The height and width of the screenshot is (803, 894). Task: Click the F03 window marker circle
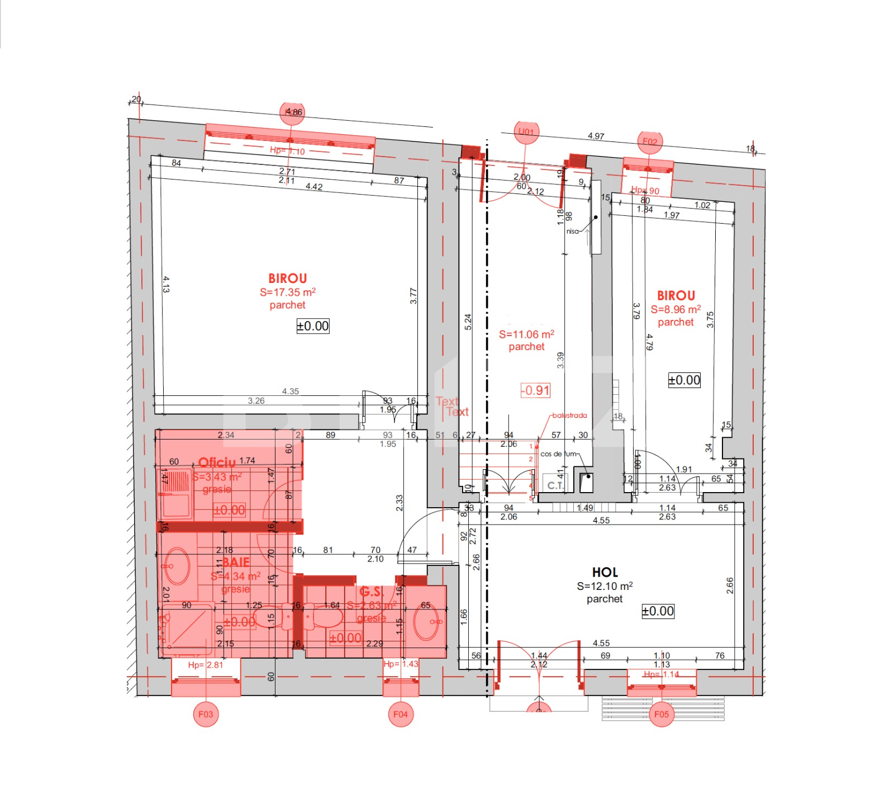pyautogui.click(x=206, y=714)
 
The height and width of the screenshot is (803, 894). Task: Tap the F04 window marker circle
pyautogui.click(x=401, y=714)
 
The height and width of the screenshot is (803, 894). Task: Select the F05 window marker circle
pyautogui.click(x=662, y=714)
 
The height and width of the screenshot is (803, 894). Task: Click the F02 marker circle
pyautogui.click(x=650, y=141)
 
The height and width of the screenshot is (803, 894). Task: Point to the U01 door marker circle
pyautogui.click(x=526, y=132)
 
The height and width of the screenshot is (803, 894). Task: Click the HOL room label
pyautogui.click(x=605, y=572)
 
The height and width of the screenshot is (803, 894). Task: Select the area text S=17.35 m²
pyautogui.click(x=287, y=292)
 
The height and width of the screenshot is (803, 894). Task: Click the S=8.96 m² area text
pyautogui.click(x=676, y=309)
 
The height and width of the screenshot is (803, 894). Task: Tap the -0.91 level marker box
pyautogui.click(x=535, y=390)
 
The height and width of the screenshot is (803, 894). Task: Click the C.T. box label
pyautogui.click(x=555, y=485)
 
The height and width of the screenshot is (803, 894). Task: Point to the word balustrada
pyautogui.click(x=569, y=415)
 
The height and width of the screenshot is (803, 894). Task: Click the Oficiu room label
pyautogui.click(x=217, y=462)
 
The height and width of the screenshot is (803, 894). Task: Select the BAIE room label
pyautogui.click(x=236, y=562)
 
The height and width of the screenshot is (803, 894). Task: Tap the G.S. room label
pyautogui.click(x=371, y=592)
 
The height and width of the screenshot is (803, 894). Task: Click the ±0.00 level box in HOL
pyautogui.click(x=658, y=611)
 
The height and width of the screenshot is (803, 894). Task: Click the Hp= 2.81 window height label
pyautogui.click(x=205, y=665)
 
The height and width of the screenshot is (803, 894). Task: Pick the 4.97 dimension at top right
pyautogui.click(x=596, y=136)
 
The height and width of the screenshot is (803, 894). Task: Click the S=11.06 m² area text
pyautogui.click(x=526, y=334)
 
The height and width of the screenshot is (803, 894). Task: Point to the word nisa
pyautogui.click(x=572, y=231)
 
